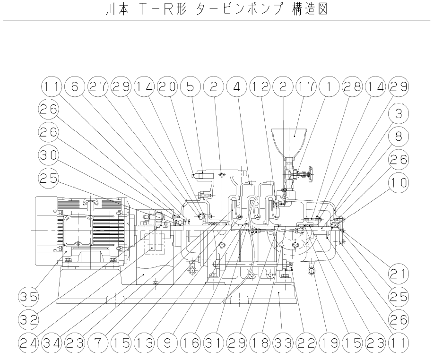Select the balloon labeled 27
pos(98,86)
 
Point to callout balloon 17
pos(304,86)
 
